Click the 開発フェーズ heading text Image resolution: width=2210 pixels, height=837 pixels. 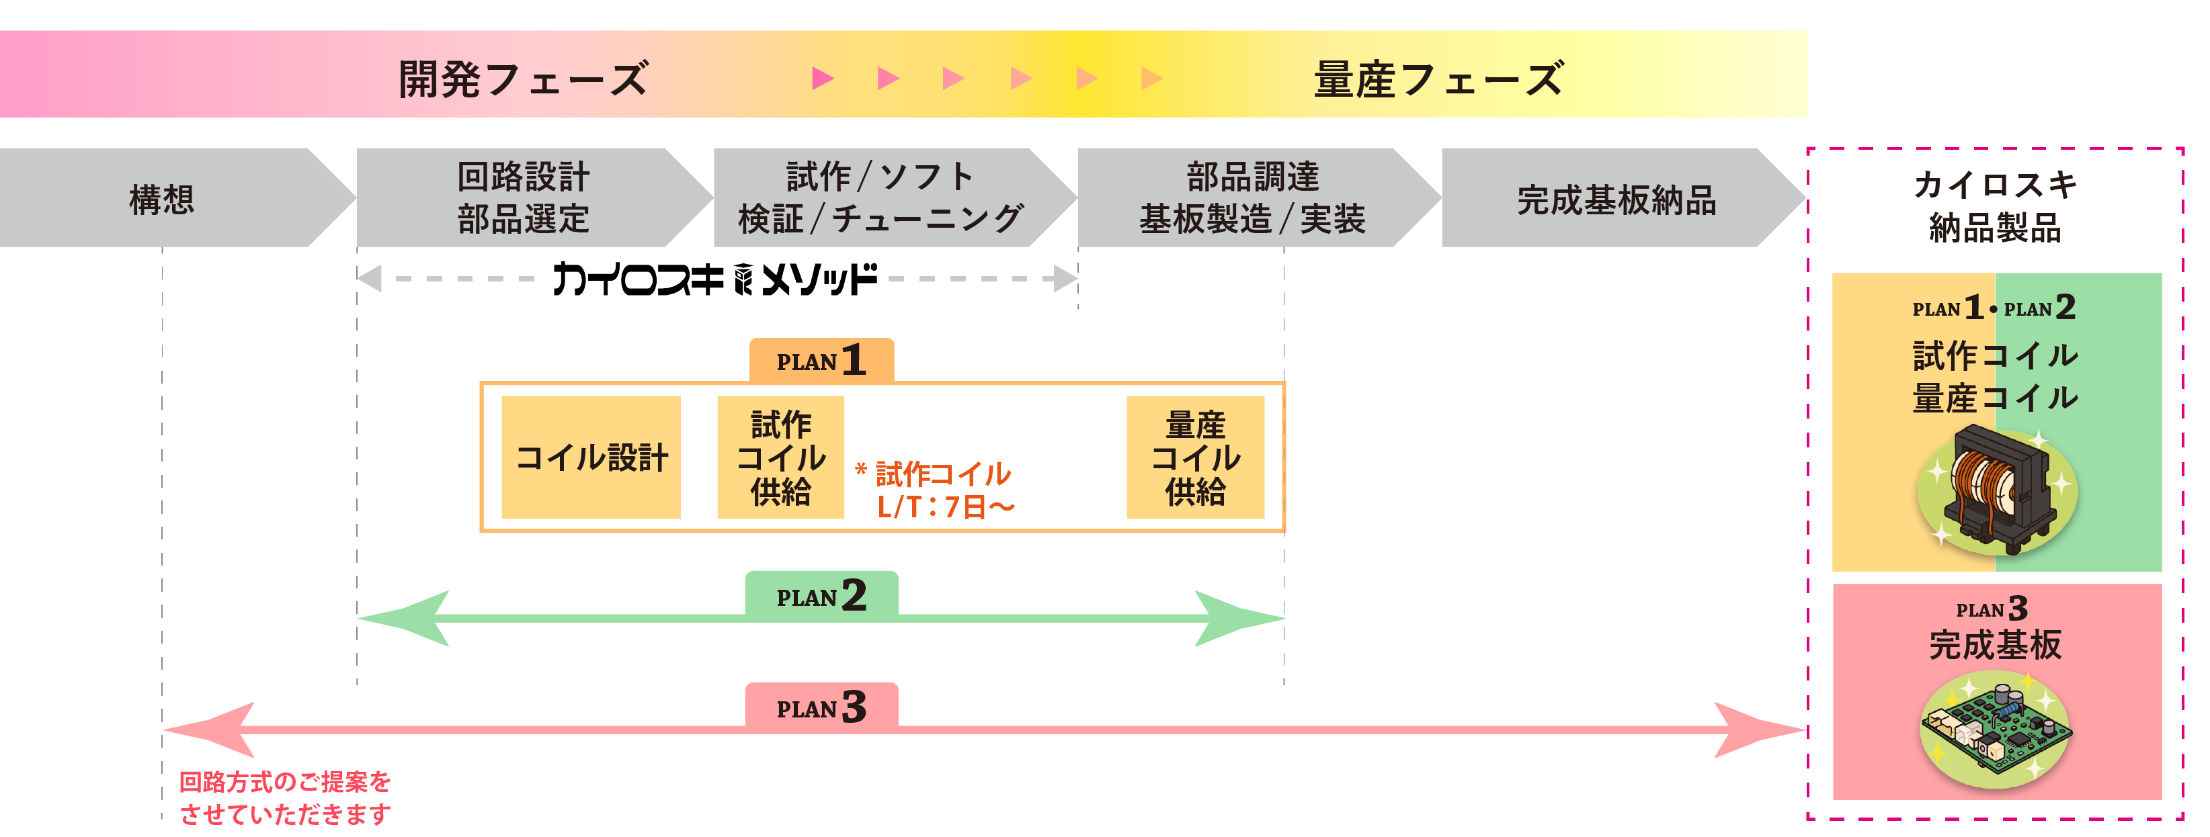(x=524, y=79)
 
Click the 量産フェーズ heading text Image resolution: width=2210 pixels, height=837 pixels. (x=1439, y=79)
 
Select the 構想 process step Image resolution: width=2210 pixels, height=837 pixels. (x=162, y=199)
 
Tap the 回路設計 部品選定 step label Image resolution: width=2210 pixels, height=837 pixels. (x=524, y=198)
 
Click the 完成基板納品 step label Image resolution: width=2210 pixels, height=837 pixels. (x=1616, y=200)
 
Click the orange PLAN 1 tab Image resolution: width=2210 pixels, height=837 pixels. (x=821, y=360)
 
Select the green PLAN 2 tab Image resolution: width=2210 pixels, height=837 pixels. (x=821, y=595)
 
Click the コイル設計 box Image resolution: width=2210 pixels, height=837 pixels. (x=591, y=457)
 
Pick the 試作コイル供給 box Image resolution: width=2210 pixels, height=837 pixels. (x=781, y=457)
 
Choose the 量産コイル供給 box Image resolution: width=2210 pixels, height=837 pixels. (x=1195, y=457)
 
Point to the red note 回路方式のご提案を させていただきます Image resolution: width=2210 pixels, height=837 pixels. (x=285, y=797)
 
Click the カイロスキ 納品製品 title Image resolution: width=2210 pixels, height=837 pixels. (x=1995, y=206)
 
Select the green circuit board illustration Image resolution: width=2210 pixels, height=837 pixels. (x=1996, y=730)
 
